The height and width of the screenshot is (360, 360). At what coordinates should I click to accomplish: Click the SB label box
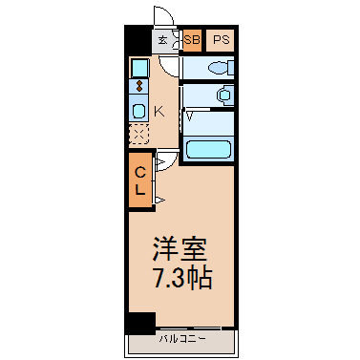pos(192,40)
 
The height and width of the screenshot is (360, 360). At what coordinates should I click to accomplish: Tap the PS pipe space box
pos(221,40)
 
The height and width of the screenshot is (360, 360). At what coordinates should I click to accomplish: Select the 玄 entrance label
pos(163,40)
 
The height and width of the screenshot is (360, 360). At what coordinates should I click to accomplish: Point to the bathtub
pos(208,150)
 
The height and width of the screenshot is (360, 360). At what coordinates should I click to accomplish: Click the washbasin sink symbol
pos(224,95)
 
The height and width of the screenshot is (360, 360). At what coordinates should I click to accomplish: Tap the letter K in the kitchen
pos(159,112)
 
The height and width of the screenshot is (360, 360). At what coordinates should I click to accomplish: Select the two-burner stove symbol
pos(139,86)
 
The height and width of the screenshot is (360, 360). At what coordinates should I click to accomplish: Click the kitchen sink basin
pos(139,111)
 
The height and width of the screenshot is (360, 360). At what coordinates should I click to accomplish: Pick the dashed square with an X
pos(139,134)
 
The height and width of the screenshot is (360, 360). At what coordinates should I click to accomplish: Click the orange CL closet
pos(140,180)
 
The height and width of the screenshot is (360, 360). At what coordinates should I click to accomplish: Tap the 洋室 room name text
pos(180,249)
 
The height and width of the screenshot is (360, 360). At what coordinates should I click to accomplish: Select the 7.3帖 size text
pos(182,278)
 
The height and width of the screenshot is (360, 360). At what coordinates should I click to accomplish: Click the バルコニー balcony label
pos(182,339)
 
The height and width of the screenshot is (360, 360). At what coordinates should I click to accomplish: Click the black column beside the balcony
pos(140,323)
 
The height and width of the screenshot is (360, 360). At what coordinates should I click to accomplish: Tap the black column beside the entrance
pos(138,40)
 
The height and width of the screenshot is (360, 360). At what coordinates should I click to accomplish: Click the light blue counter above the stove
pos(139,68)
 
